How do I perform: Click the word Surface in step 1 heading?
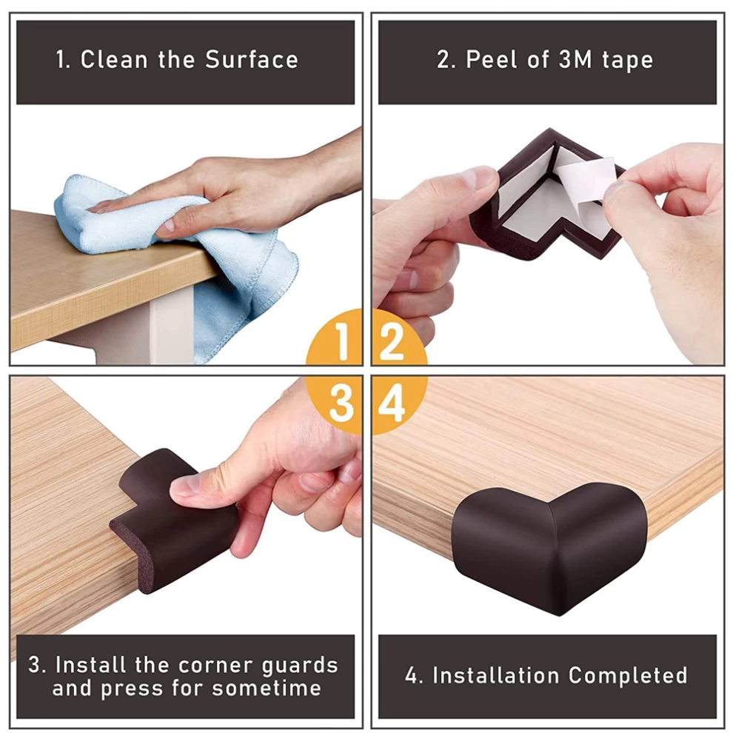coord(252,60)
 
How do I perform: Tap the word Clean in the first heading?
coord(114,60)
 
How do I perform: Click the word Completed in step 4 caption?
coord(628,675)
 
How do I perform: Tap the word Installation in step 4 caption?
coord(495,675)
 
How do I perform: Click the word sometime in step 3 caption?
coord(267,688)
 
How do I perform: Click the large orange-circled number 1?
coord(342,342)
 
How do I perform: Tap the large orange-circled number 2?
coord(392,342)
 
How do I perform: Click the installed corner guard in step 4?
coord(549,547)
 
